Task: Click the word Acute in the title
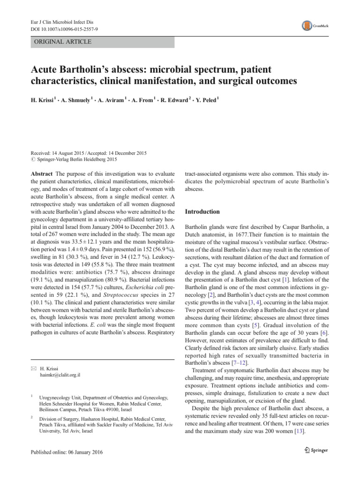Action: pyautogui.click(x=45, y=70)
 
